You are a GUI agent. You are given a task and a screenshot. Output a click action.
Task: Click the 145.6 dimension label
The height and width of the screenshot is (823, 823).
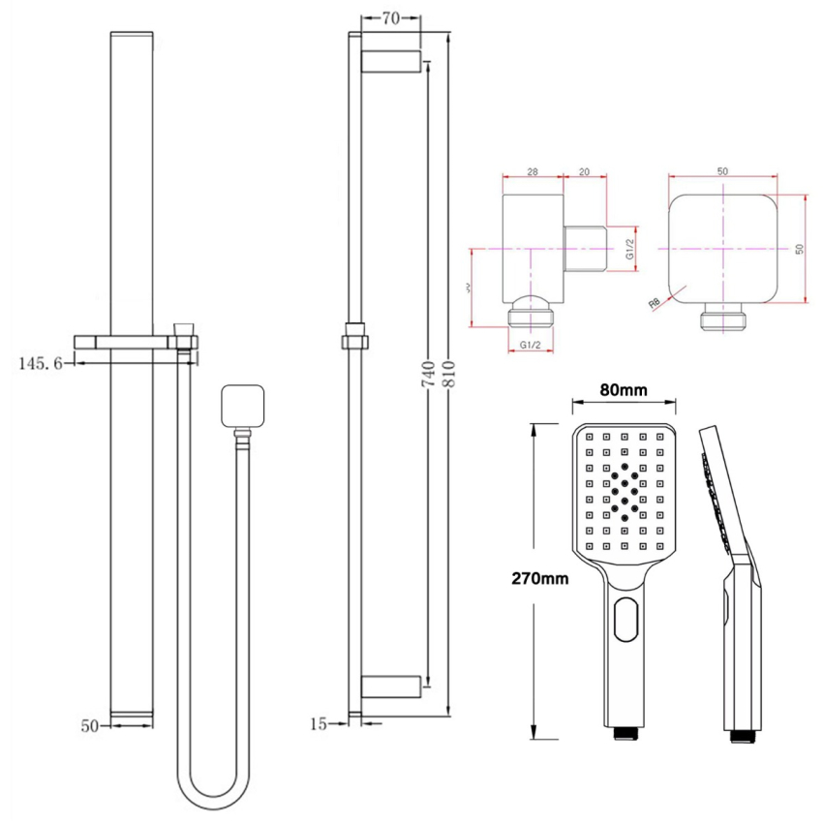40,363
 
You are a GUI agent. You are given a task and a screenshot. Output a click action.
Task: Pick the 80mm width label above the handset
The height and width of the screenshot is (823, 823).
622,390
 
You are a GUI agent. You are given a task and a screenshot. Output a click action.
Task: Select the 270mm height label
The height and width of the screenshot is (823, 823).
542,578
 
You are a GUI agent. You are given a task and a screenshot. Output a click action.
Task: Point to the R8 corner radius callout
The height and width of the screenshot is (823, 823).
655,303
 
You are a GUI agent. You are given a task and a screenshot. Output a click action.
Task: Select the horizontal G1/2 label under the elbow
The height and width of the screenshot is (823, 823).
531,345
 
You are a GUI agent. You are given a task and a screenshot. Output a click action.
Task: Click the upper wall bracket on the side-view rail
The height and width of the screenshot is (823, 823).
390,61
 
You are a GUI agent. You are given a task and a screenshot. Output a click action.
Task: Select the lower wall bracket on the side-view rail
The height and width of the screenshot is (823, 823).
390,686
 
